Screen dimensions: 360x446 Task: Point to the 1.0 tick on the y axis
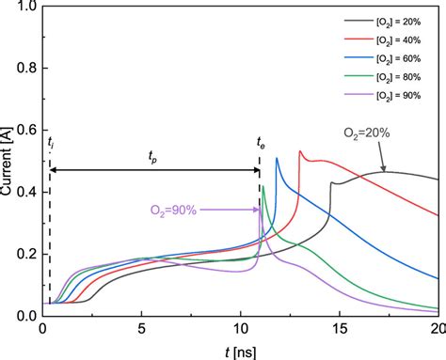coord(27,8)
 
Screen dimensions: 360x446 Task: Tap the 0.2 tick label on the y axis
coord(27,255)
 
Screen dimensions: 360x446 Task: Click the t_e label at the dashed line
coord(262,142)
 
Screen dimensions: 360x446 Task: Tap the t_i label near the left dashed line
coord(50,142)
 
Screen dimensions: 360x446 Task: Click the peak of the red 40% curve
coord(300,151)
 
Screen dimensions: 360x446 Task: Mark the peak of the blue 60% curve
coord(277,158)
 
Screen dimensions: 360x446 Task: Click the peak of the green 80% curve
coord(263,186)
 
